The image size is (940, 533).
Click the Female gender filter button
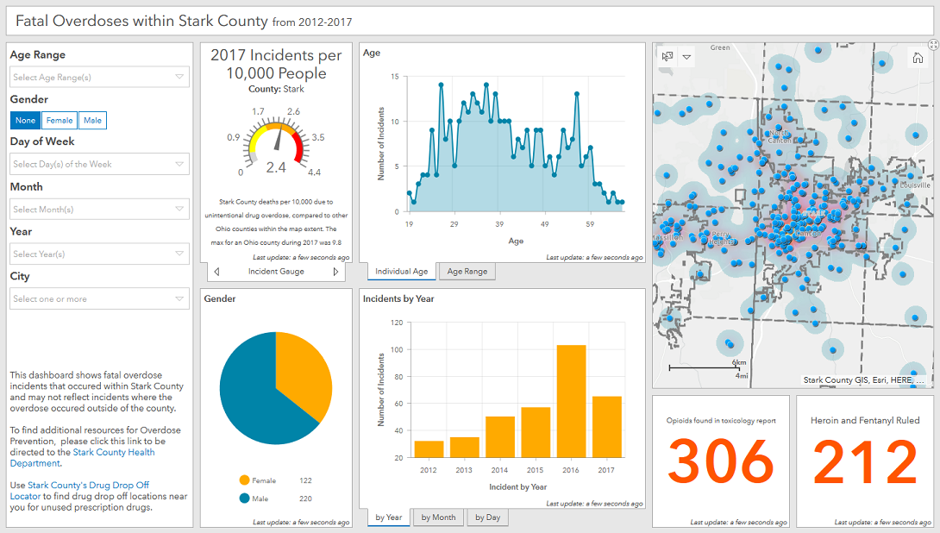(x=60, y=121)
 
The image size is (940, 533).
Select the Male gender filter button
(x=92, y=121)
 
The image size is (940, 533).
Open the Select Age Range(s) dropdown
(x=99, y=78)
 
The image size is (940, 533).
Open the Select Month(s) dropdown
(x=99, y=210)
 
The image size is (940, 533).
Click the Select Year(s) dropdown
(x=99, y=254)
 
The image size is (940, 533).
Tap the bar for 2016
(x=570, y=401)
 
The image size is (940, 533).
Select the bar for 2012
(x=429, y=449)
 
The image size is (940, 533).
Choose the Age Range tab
(x=467, y=272)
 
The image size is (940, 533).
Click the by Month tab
(x=438, y=517)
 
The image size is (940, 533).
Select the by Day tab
(x=487, y=517)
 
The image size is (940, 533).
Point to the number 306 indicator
(x=721, y=463)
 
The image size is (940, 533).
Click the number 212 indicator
(x=865, y=463)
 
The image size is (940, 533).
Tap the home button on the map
(x=918, y=58)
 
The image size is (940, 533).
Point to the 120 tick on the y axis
(x=397, y=323)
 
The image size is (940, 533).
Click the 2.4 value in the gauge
(x=276, y=167)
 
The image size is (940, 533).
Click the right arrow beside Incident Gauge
(x=335, y=272)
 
